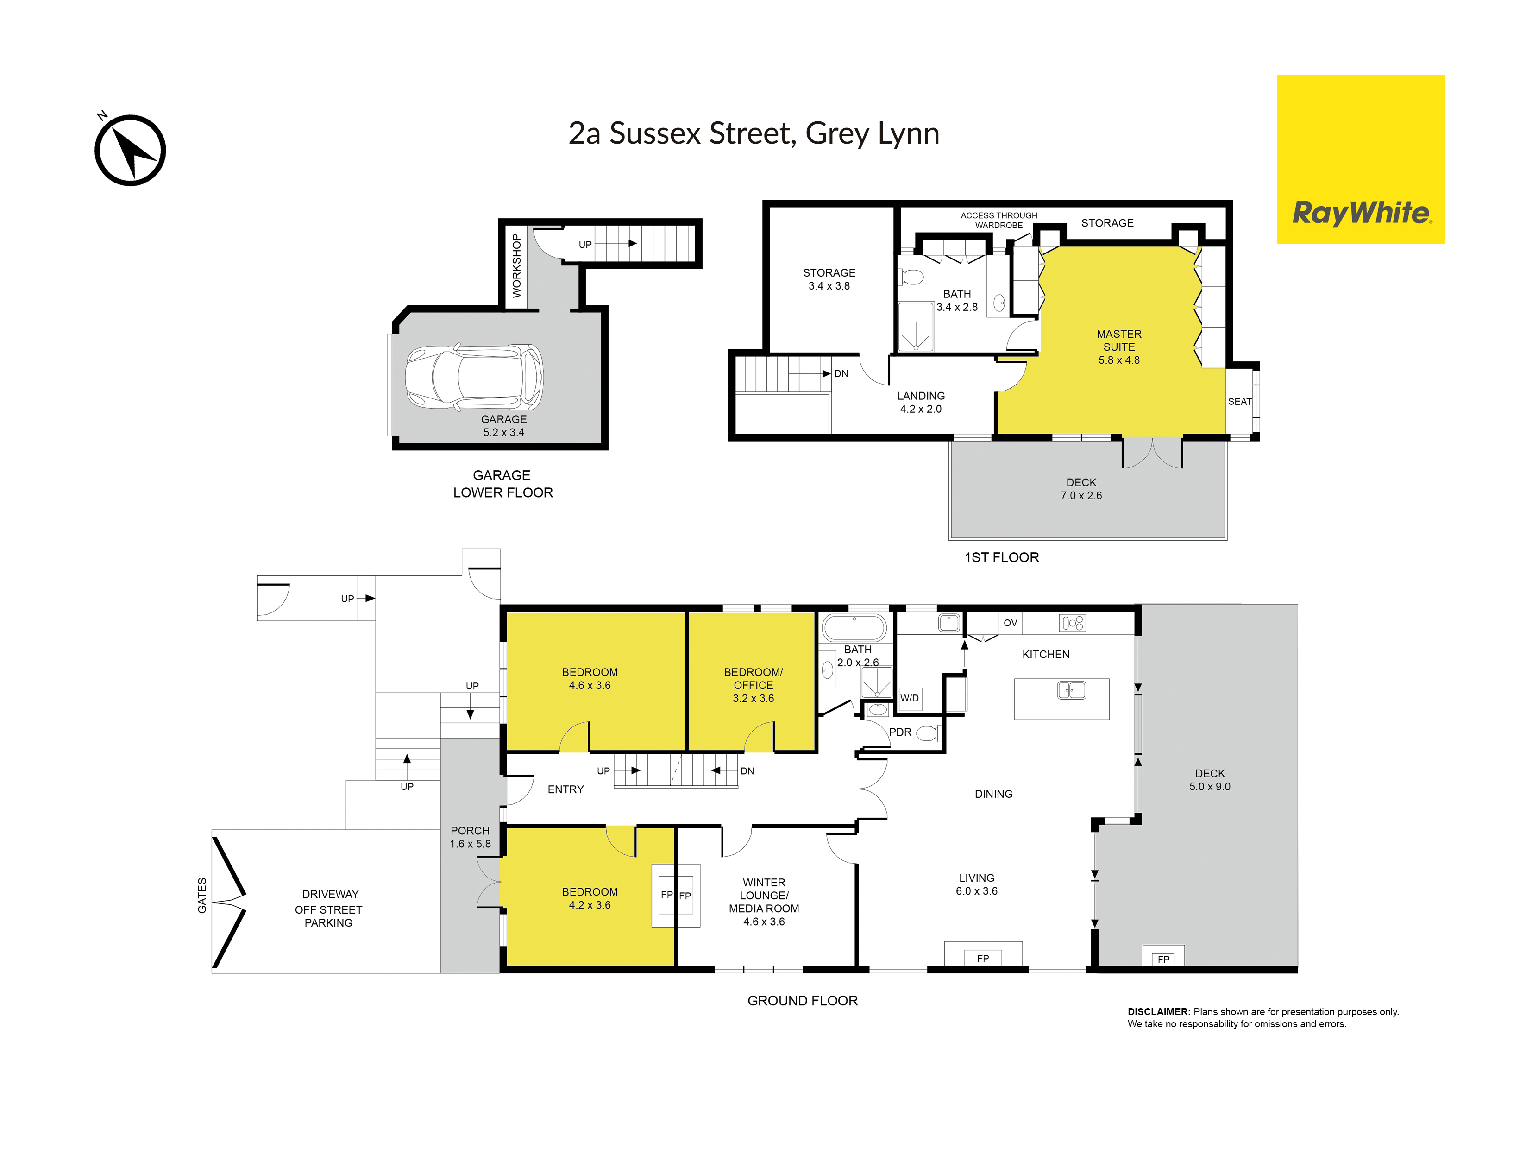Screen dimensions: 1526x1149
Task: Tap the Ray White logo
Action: click(1360, 159)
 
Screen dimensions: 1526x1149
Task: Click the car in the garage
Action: click(474, 378)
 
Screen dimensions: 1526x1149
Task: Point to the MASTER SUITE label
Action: click(1119, 340)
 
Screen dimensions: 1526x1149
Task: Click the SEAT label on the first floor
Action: click(1240, 402)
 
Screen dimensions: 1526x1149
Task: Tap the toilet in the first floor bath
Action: click(911, 278)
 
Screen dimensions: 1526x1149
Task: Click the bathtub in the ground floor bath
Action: click(854, 628)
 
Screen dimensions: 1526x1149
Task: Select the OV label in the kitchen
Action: click(1011, 623)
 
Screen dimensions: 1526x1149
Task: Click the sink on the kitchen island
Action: click(1071, 689)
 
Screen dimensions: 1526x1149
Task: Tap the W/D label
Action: click(909, 698)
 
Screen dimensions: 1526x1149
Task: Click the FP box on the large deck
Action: click(1164, 956)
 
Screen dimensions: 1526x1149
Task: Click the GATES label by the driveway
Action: click(202, 896)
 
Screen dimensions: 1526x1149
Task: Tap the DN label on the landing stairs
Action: click(841, 374)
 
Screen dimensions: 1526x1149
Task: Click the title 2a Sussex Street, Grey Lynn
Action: click(754, 134)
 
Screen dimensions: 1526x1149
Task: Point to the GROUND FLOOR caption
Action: click(802, 1001)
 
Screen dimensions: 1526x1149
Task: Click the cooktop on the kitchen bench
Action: click(1073, 623)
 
